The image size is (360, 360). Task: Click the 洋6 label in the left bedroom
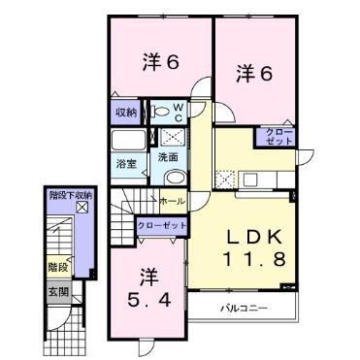click(x=159, y=62)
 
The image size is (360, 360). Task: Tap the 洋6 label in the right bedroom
click(x=250, y=72)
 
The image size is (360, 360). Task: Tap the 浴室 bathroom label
click(x=125, y=161)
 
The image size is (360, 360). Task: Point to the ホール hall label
click(x=171, y=201)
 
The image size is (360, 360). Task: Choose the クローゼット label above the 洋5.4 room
click(x=161, y=224)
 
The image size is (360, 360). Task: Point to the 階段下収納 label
click(x=70, y=195)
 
